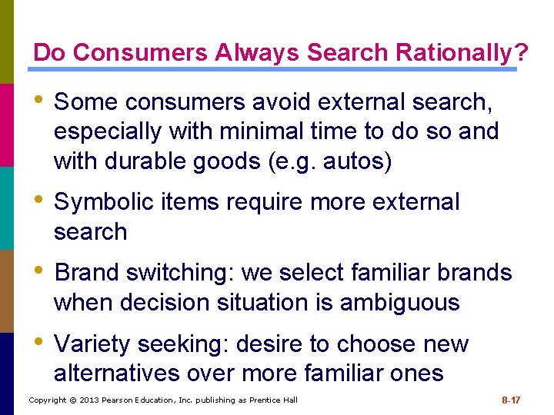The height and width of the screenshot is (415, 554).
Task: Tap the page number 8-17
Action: (x=511, y=400)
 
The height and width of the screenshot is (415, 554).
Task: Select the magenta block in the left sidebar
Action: (x=6, y=124)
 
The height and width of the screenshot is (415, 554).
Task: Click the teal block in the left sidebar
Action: (x=6, y=207)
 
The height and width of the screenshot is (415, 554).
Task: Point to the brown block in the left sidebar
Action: (x=6, y=290)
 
